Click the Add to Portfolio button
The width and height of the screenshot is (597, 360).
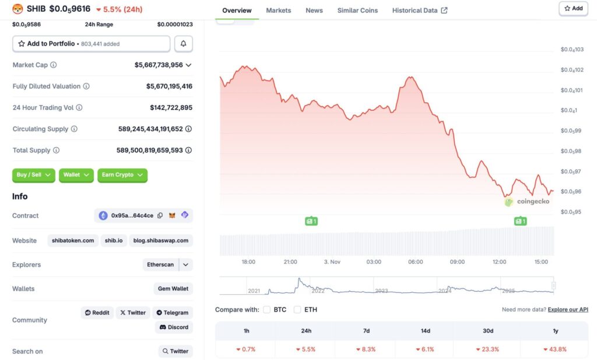point(91,44)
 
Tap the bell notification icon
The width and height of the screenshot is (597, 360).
point(183,44)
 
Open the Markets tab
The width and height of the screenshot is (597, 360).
point(279,11)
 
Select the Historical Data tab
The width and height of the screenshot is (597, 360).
point(420,11)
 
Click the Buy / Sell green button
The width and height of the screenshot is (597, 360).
point(34,175)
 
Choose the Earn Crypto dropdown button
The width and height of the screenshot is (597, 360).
point(122,175)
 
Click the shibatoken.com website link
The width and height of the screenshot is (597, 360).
point(73,240)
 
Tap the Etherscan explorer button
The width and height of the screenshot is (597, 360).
point(160,265)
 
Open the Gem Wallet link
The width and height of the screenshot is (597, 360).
point(173,289)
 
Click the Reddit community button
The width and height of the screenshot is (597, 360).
point(97,313)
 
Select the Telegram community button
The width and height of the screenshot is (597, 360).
point(173,313)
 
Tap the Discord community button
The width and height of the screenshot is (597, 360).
point(174,327)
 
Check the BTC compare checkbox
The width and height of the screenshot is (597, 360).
point(266,309)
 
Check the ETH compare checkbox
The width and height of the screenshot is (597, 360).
point(297,309)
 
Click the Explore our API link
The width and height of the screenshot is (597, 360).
point(568,309)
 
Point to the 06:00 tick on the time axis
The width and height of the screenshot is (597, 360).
point(416,262)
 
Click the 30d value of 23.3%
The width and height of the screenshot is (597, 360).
point(488,349)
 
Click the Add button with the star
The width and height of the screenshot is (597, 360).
point(573,8)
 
